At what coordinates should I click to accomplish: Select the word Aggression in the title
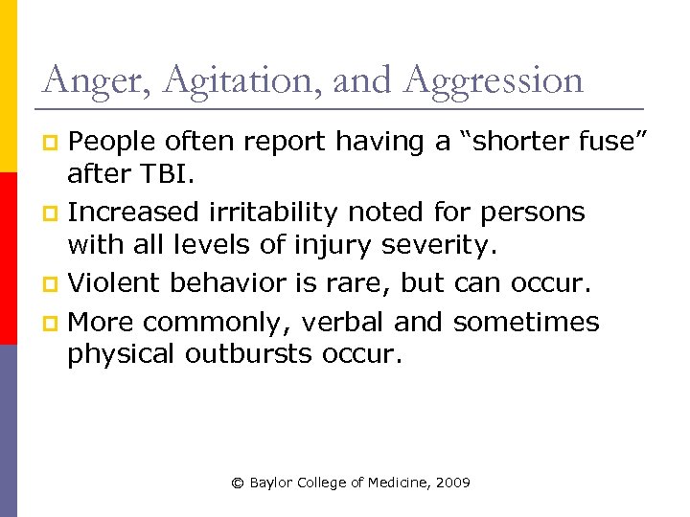coord(494,80)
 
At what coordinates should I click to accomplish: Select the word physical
coord(121,355)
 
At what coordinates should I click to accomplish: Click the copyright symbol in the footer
coord(238,483)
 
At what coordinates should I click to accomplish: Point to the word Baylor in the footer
coord(273,483)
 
